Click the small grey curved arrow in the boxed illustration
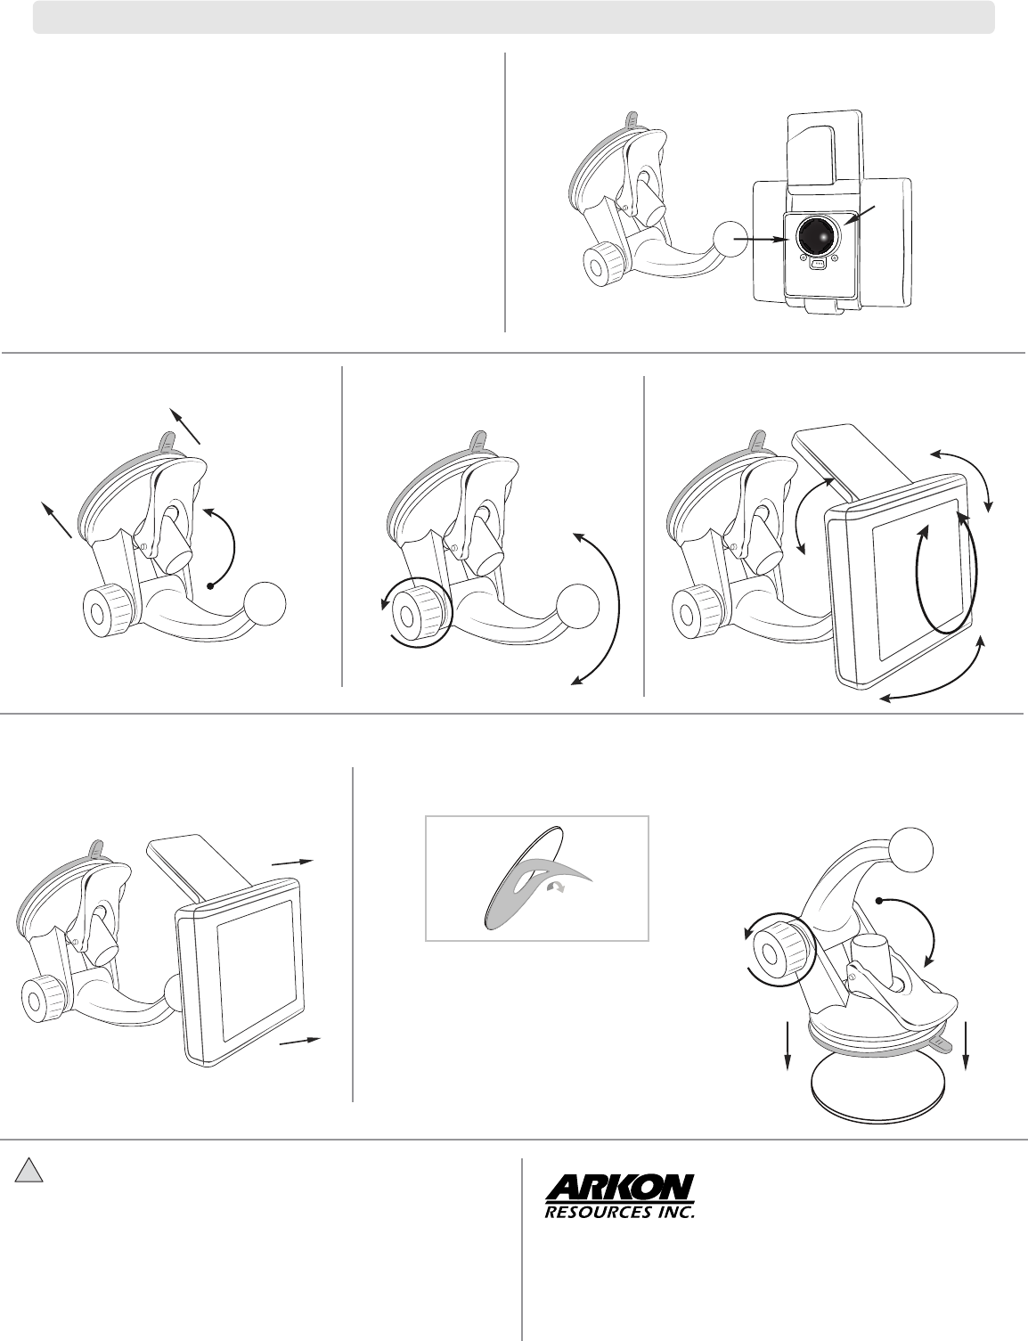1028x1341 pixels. [556, 887]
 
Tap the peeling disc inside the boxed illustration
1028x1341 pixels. [523, 876]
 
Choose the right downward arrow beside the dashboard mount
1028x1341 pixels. [966, 1046]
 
